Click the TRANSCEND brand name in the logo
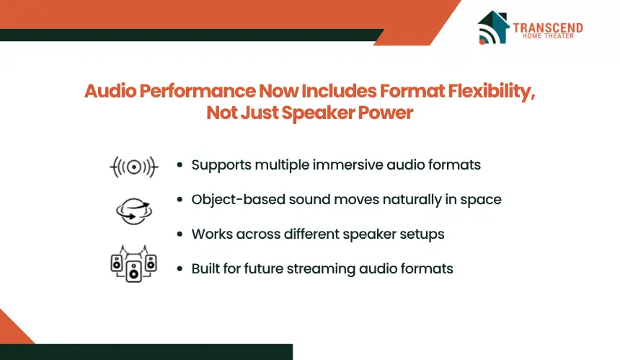(x=548, y=27)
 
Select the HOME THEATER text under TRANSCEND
(x=548, y=36)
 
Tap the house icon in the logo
(x=492, y=27)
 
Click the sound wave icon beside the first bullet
(x=133, y=167)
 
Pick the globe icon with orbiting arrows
(x=134, y=211)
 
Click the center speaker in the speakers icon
(x=133, y=271)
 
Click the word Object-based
(x=238, y=199)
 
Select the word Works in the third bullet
(x=212, y=234)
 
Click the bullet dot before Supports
(x=180, y=164)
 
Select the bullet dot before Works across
(x=180, y=234)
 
